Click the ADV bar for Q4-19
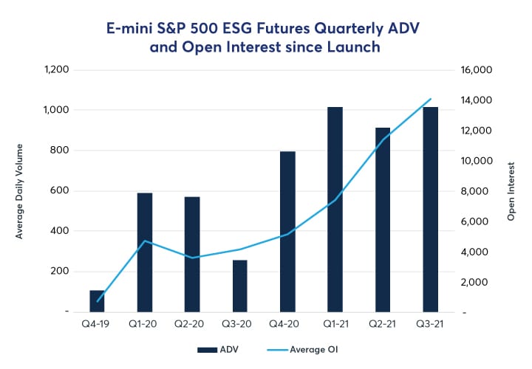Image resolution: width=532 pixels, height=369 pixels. click(97, 301)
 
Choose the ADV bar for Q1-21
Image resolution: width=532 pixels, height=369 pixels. click(335, 210)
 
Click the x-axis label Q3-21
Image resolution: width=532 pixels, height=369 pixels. click(431, 323)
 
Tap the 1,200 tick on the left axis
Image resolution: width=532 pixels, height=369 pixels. click(57, 70)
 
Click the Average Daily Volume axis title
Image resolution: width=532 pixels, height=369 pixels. click(20, 191)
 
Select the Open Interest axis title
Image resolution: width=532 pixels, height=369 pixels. click(511, 191)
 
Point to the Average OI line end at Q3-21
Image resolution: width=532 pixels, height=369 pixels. click(431, 99)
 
